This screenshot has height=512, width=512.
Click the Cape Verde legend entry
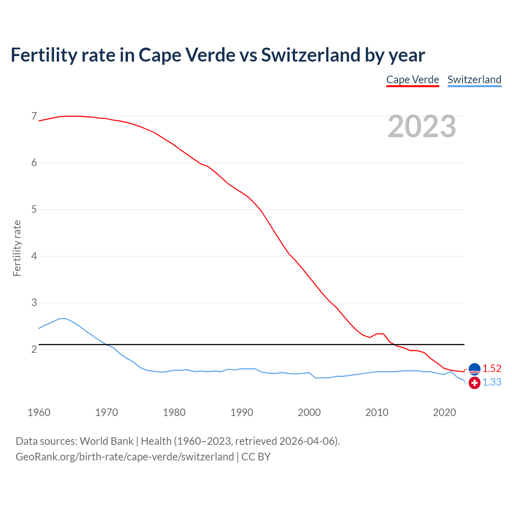click(412, 80)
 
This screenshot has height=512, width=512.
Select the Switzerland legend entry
click(474, 80)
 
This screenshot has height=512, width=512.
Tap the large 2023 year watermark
click(422, 126)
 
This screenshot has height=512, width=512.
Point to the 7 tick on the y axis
click(34, 116)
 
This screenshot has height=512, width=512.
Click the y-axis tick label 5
click(34, 210)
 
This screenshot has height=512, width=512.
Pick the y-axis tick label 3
click(34, 303)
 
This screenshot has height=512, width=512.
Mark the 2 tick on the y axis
click(34, 350)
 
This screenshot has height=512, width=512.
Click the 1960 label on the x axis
click(39, 412)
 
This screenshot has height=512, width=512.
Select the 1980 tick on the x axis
click(174, 412)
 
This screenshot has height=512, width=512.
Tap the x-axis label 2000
click(309, 412)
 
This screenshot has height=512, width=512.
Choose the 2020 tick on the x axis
click(444, 412)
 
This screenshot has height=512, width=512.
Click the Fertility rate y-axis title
click(17, 248)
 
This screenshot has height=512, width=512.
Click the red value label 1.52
click(492, 368)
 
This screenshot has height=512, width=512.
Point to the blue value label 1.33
click(492, 382)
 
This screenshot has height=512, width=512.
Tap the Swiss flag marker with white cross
click(474, 383)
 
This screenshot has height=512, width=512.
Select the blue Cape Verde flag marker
click(474, 368)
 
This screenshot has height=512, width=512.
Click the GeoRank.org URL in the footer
click(125, 457)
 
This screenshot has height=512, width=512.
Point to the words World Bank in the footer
click(106, 441)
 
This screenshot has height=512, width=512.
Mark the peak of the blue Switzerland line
click(65, 318)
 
